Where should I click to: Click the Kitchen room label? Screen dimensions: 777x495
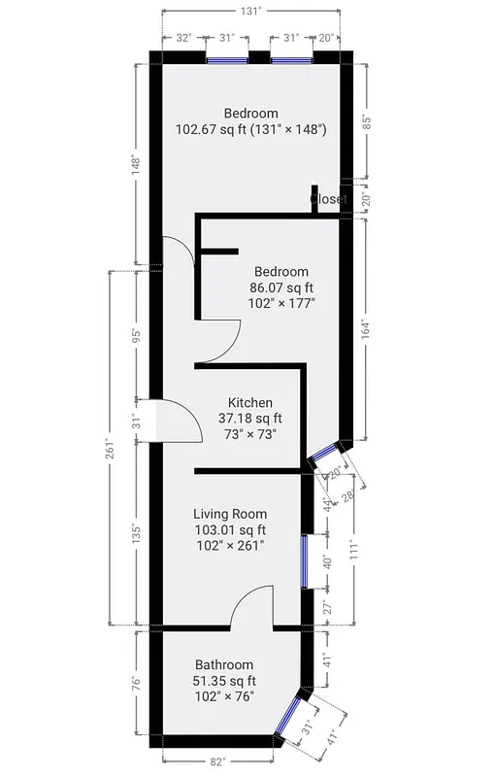click(249, 402)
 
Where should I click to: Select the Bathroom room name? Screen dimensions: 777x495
click(223, 664)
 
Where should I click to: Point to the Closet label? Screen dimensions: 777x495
click(328, 199)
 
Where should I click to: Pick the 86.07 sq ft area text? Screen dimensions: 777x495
click(281, 287)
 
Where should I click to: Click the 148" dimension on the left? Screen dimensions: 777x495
click(137, 164)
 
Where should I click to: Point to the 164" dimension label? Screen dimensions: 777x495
click(365, 328)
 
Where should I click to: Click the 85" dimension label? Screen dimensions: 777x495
click(365, 122)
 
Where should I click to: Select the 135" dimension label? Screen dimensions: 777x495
click(137, 533)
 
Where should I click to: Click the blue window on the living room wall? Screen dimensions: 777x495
click(304, 561)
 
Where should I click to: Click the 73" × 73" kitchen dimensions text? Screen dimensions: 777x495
click(250, 434)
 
